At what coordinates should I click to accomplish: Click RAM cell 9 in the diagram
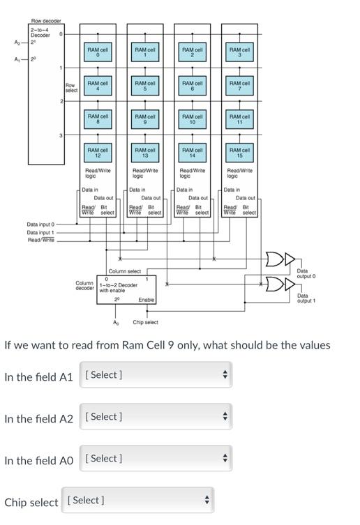click(x=145, y=119)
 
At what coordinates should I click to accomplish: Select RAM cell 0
click(x=98, y=52)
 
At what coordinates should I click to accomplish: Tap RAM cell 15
click(x=240, y=152)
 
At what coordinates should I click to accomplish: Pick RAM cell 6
click(x=193, y=85)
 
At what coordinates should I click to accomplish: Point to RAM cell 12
click(x=98, y=152)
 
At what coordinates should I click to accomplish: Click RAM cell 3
click(x=240, y=52)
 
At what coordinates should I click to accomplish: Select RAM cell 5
click(x=145, y=85)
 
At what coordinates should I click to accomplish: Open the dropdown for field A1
click(x=156, y=375)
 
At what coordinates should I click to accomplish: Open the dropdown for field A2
click(x=156, y=417)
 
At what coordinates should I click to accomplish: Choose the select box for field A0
click(x=156, y=459)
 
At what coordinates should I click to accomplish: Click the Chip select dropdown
click(x=137, y=501)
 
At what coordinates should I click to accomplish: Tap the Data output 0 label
click(x=306, y=273)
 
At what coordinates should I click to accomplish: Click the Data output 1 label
click(x=306, y=298)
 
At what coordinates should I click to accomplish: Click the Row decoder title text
click(x=45, y=21)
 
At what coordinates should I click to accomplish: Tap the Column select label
click(x=125, y=271)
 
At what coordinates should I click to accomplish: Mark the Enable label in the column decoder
click(x=146, y=300)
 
